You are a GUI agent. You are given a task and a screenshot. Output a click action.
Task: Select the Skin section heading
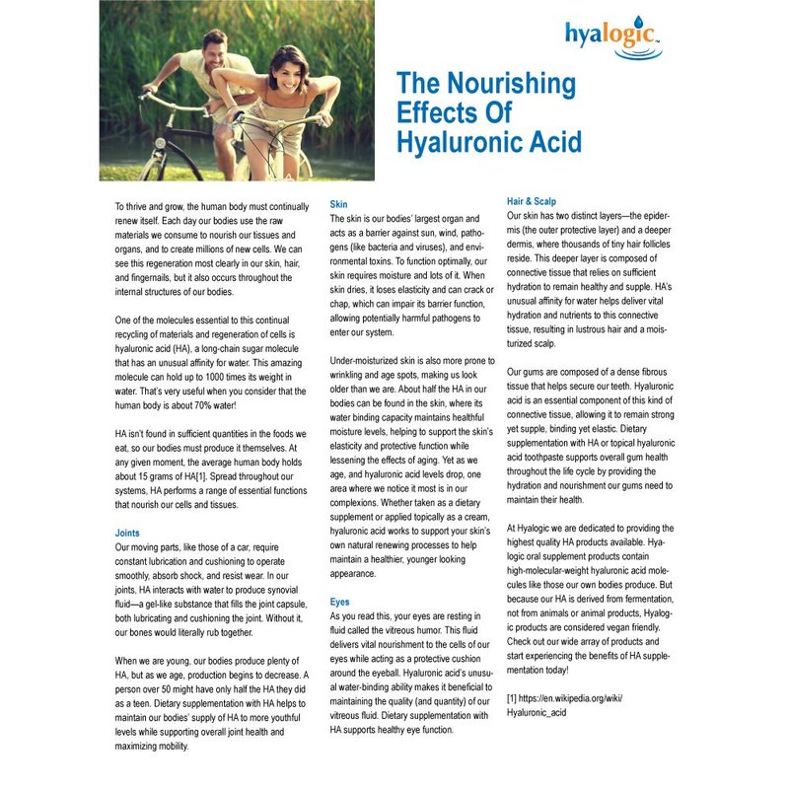338,202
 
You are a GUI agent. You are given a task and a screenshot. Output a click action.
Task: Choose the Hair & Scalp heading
531,201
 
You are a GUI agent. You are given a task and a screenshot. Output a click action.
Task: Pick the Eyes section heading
340,601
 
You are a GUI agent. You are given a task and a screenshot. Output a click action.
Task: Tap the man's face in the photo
216,44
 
